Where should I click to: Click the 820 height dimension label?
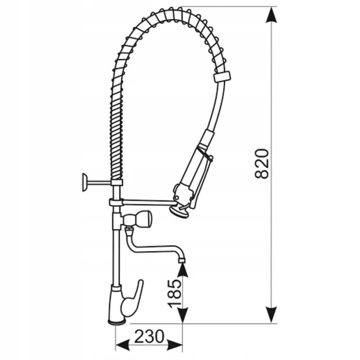coord(262,164)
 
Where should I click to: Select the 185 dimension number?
coord(175,293)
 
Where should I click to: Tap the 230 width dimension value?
coord(149,337)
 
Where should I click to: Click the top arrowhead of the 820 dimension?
coord(271,15)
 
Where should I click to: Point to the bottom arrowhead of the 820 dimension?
coord(271,314)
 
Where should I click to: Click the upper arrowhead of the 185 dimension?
coord(182,271)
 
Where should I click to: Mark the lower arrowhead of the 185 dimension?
coord(182,315)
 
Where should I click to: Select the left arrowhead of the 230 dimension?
coord(123,345)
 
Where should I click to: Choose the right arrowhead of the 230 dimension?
coord(175,345)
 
